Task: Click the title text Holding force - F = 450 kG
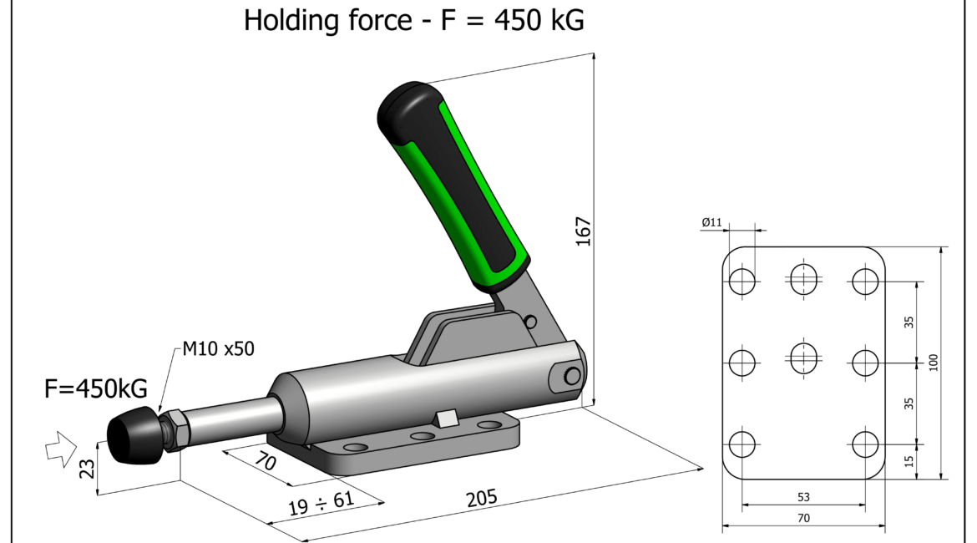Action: [413, 19]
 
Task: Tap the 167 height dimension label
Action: [583, 231]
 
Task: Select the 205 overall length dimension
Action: [482, 499]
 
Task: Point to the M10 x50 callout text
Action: [218, 348]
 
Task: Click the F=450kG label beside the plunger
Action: [95, 388]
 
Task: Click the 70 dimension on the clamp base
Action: [266, 462]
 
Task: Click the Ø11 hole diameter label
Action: [712, 223]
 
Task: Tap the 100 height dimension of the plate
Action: [934, 363]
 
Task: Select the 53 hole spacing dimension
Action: [803, 497]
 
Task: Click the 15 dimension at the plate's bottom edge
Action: [910, 459]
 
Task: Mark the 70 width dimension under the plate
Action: [803, 518]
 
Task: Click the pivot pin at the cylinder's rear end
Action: [571, 377]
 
